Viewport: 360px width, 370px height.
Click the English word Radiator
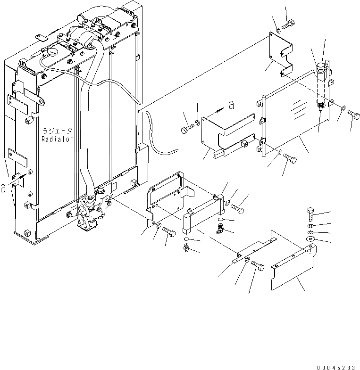pos(57,140)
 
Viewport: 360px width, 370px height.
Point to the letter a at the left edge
pos(4,188)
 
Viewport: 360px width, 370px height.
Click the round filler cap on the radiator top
pos(51,51)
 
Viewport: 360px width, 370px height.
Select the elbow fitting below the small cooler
pos(220,230)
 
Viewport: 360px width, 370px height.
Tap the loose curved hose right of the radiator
pos(156,139)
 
